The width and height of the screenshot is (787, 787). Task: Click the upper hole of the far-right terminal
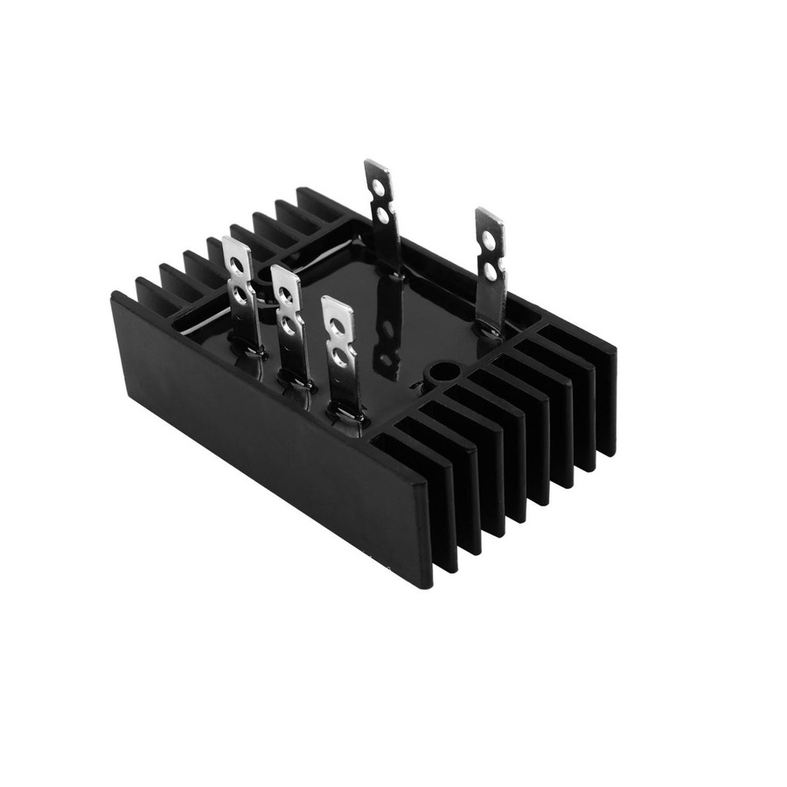488,237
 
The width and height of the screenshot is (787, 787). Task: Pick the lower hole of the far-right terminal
491,272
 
